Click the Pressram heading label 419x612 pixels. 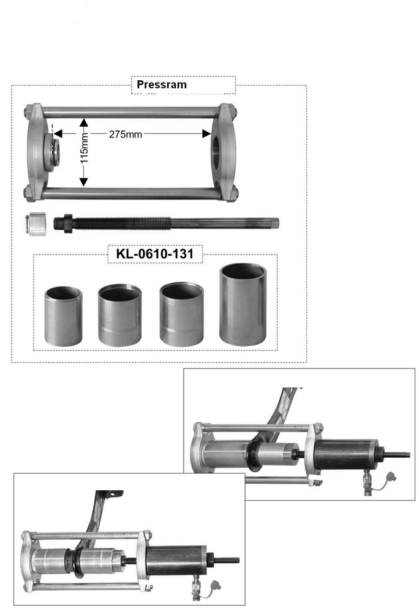(x=162, y=84)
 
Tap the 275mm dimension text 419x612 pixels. (x=126, y=134)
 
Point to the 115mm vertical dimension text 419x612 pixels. (x=85, y=149)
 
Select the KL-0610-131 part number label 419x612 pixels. (x=154, y=254)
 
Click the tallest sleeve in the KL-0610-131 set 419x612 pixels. (x=243, y=304)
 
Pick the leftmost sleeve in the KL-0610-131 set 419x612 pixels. (x=63, y=316)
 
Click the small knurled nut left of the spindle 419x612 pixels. (x=36, y=223)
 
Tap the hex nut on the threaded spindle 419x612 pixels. (x=67, y=223)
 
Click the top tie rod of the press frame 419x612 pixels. (x=131, y=113)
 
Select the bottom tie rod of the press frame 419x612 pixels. (x=131, y=193)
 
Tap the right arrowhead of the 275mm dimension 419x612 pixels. (x=206, y=134)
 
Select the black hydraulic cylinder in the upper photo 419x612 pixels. (x=346, y=454)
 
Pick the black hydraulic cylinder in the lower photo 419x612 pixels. (x=178, y=561)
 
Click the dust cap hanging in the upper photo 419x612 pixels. (x=390, y=477)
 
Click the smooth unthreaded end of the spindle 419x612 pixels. (x=225, y=223)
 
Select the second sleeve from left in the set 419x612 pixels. (x=119, y=315)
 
